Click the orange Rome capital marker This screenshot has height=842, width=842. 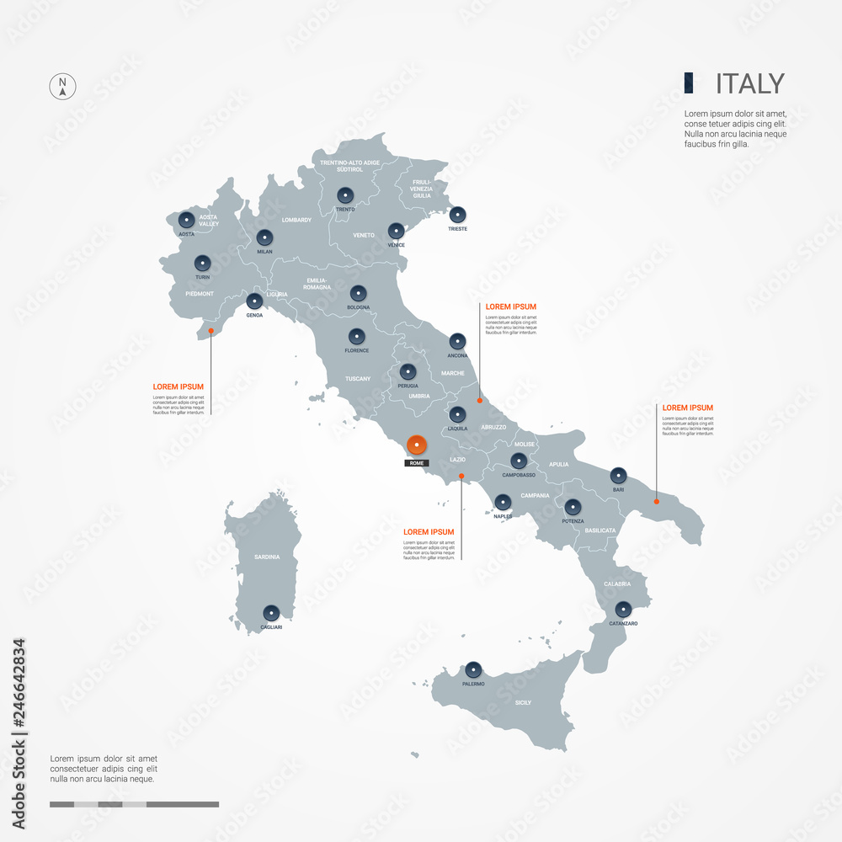pos(416,445)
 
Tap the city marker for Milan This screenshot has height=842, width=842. pos(264,237)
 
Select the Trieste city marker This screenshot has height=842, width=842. pos(457,215)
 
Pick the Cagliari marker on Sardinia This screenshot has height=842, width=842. pos(270,613)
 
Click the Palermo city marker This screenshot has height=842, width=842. pos(472,670)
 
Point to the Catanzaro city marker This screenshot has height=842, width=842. pos(623,609)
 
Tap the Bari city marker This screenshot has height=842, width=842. pos(618,475)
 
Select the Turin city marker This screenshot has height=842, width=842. pos(202,263)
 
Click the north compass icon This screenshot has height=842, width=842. pos(62,86)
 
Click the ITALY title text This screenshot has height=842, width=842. pos(749,84)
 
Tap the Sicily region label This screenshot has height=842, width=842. pos(523,702)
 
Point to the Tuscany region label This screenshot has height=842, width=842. pos(358,379)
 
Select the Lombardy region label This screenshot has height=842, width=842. pos(296,221)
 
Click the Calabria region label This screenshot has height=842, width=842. pos(617,584)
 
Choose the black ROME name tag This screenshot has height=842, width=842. pos(416,463)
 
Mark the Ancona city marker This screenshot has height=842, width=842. pos(457,341)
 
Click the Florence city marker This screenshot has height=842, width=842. pos(357,336)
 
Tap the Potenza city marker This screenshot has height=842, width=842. pos(573,507)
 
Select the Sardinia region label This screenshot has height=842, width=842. pos(266,557)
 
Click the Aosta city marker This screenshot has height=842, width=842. pos(186,221)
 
